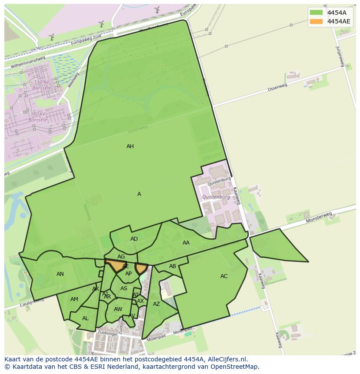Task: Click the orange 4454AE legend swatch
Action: (317, 21)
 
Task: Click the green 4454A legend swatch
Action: (317, 13)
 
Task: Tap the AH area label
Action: (130, 146)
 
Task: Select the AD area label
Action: (134, 239)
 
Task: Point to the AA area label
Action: (186, 243)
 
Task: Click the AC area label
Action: (224, 276)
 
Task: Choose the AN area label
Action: (60, 274)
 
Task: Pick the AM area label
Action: (74, 299)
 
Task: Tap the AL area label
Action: (85, 318)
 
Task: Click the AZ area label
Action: (157, 304)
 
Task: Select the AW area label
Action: (118, 309)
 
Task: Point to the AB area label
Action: (173, 266)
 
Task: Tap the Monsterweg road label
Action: (319, 218)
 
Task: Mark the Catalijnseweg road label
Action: (17, 305)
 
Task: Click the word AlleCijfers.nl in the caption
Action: (226, 359)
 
